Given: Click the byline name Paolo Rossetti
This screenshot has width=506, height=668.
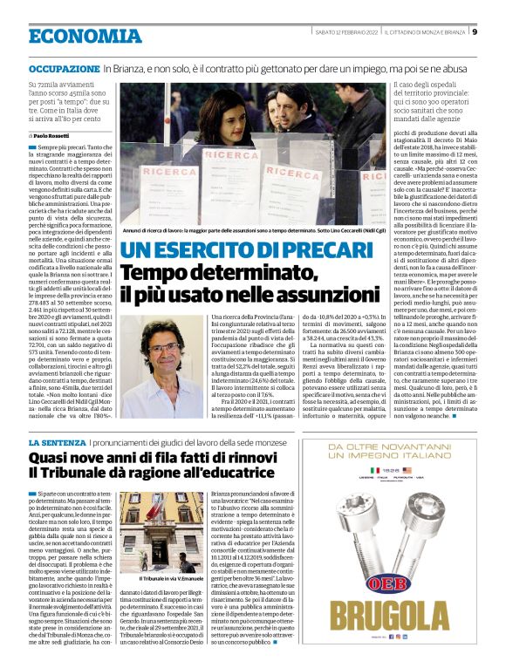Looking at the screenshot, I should tap(54, 136).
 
